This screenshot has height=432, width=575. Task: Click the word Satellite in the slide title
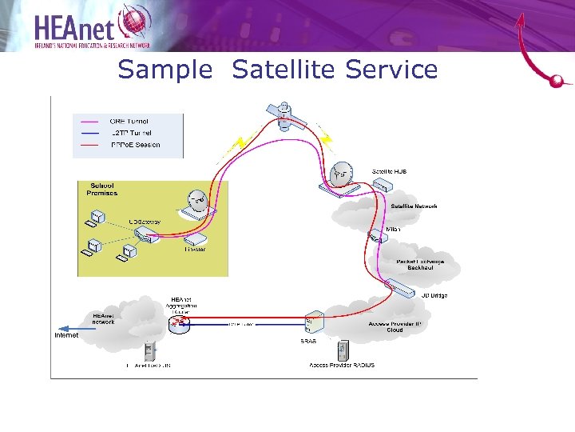click(286, 70)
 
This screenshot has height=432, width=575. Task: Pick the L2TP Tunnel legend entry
click(131, 133)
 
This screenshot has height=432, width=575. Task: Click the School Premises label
click(101, 190)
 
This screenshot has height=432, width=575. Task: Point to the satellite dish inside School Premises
click(196, 202)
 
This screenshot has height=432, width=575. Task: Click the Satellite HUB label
click(390, 171)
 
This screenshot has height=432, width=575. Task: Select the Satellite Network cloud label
click(414, 206)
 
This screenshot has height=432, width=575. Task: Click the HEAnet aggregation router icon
click(179, 323)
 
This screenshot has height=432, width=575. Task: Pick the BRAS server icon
click(313, 322)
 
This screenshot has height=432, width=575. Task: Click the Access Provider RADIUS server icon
click(343, 350)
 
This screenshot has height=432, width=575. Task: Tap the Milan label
click(393, 229)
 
